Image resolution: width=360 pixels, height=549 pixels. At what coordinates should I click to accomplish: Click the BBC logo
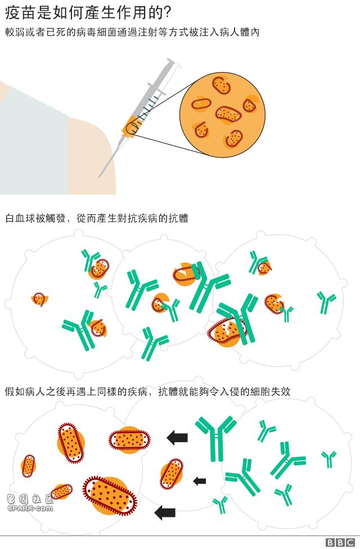(340, 542)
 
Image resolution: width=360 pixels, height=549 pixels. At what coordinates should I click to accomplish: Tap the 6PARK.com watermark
(30, 503)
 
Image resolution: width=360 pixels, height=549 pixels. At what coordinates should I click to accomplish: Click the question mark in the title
(167, 13)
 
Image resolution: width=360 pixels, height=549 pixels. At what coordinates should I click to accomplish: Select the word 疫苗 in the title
(16, 13)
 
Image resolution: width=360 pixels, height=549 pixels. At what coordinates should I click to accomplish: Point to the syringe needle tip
(99, 177)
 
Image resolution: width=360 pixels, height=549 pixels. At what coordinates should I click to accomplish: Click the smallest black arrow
(200, 481)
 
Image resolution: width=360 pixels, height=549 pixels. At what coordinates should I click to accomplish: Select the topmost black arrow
(177, 438)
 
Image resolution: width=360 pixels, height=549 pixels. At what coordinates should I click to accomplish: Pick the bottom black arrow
(165, 512)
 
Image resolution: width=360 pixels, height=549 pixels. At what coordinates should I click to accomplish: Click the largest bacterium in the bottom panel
(110, 496)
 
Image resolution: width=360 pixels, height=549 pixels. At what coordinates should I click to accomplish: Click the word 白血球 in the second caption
(20, 218)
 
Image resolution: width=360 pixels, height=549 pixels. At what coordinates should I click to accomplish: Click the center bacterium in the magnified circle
(228, 114)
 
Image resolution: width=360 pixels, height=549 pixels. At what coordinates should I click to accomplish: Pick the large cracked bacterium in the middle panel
(226, 332)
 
